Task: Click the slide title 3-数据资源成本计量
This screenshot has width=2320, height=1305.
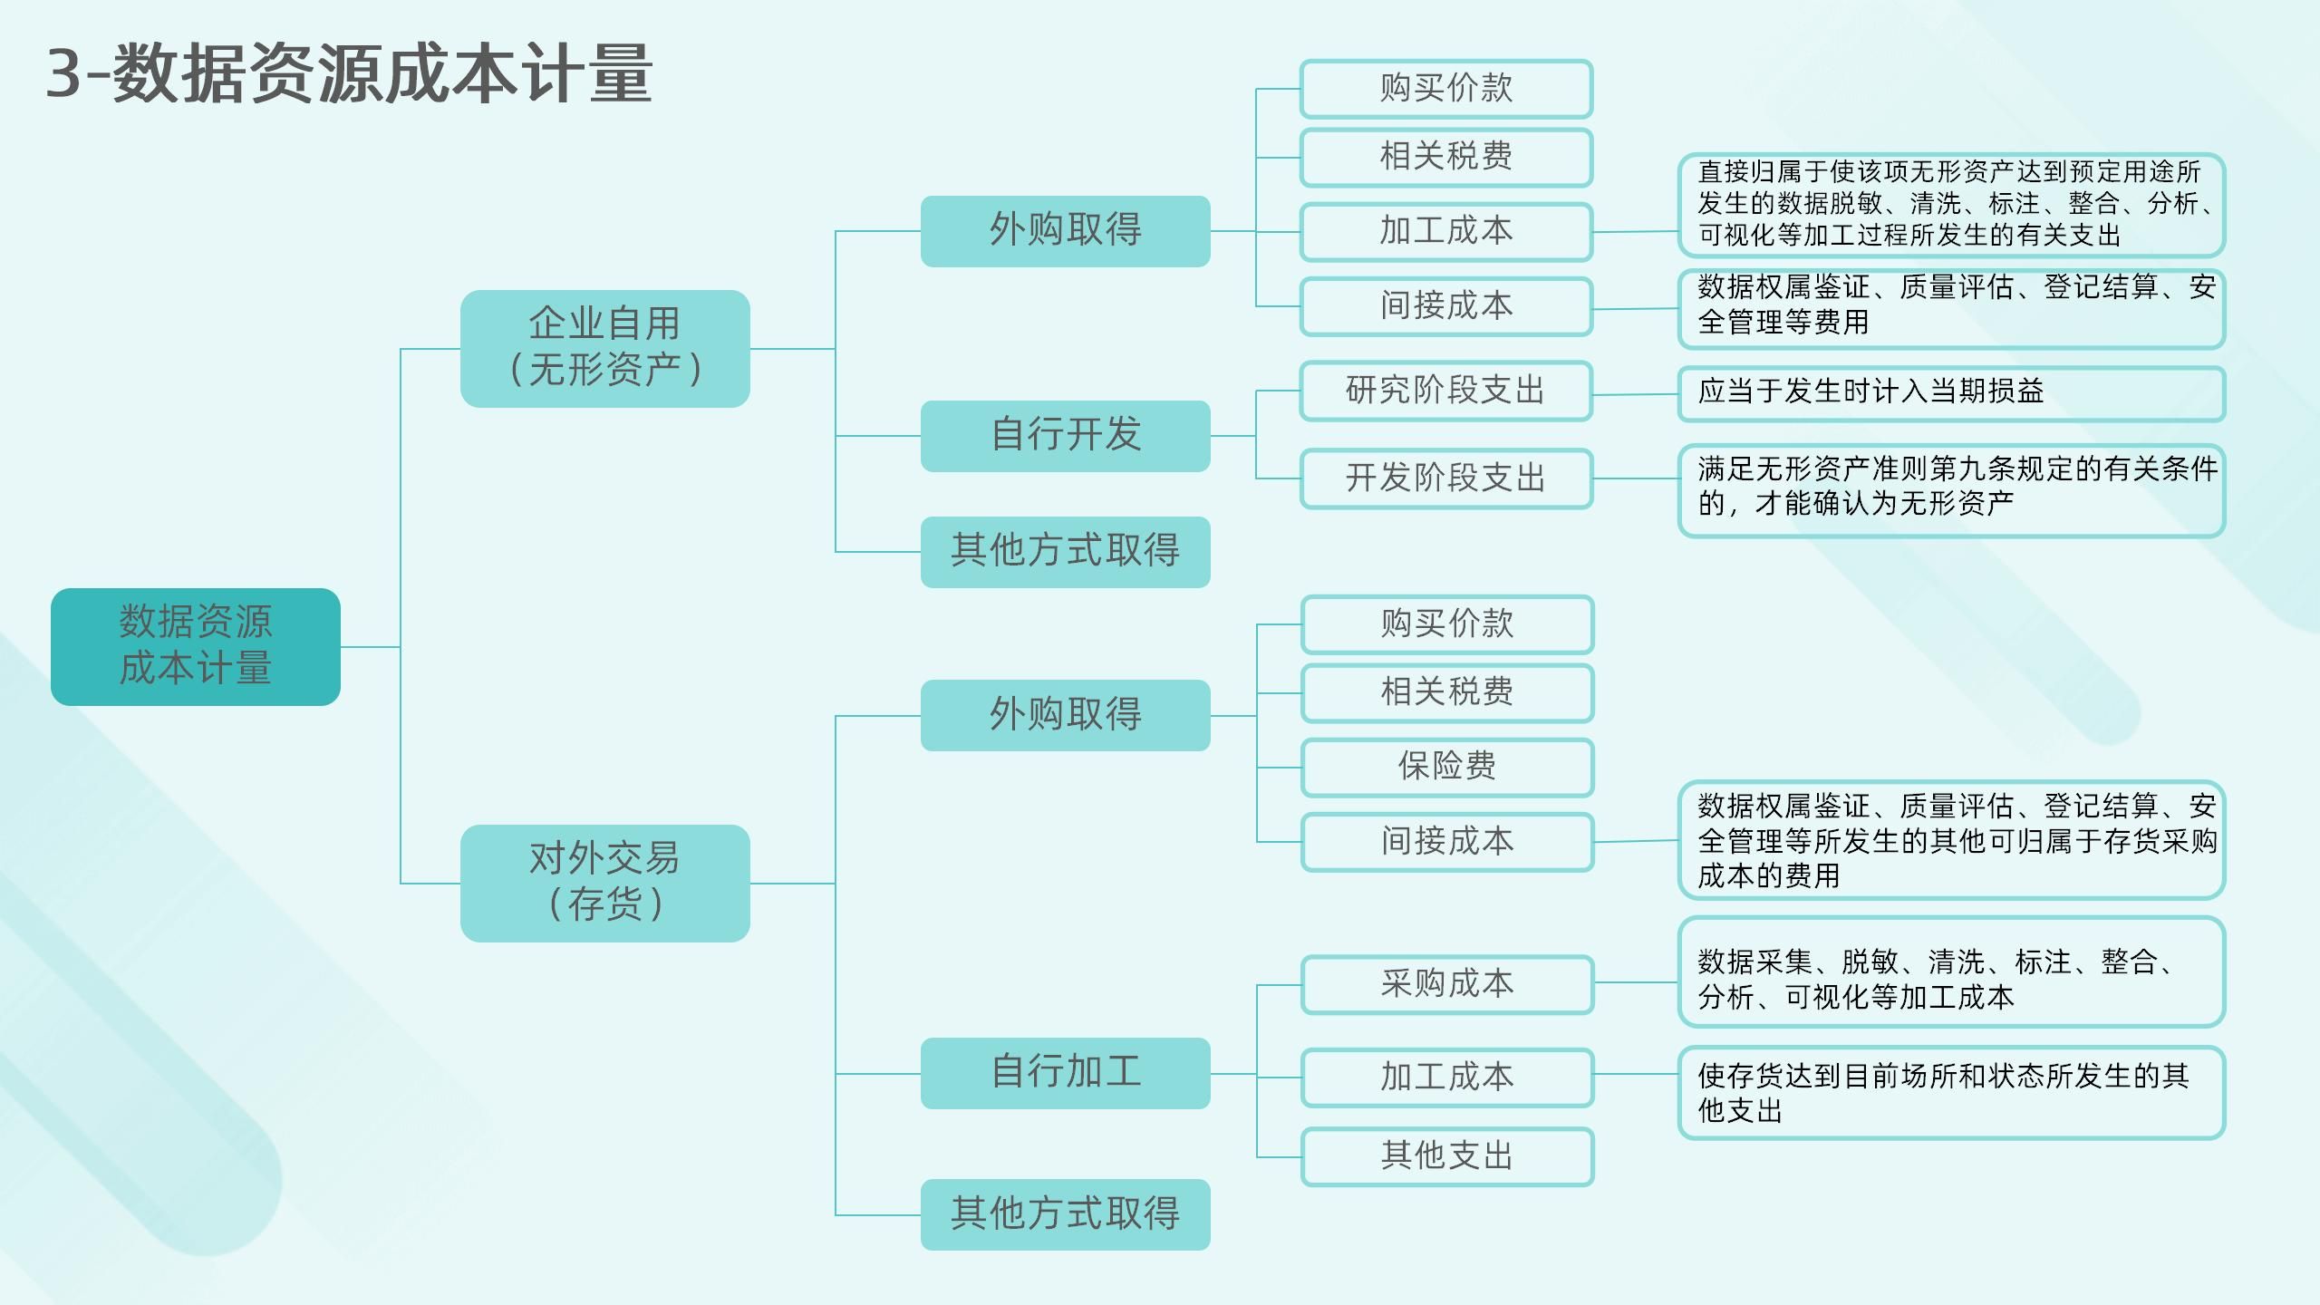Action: click(349, 74)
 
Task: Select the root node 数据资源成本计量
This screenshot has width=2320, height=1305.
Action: click(196, 646)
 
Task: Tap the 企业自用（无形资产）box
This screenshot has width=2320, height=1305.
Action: click(604, 348)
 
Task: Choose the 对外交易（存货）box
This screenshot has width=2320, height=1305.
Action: click(604, 883)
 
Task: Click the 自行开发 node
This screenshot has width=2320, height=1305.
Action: click(1065, 435)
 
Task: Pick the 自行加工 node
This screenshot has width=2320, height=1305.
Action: click(1065, 1072)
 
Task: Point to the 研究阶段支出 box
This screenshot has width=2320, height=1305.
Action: click(1445, 391)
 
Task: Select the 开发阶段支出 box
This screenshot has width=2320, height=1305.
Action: click(1445, 478)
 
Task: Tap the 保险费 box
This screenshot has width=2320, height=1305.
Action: click(1446, 767)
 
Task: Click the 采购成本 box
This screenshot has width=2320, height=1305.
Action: click(1446, 984)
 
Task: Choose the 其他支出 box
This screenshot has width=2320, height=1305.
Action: click(1446, 1156)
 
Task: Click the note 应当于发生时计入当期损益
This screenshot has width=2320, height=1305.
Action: click(1950, 393)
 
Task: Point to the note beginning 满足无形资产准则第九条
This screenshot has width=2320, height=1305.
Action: click(1950, 489)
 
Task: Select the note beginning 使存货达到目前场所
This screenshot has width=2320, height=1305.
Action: click(1950, 1092)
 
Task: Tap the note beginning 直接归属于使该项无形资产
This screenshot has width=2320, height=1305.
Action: click(1950, 204)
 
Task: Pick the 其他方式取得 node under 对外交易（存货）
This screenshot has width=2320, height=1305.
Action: click(1065, 1213)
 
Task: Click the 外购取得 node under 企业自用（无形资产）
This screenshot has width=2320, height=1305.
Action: click(1065, 230)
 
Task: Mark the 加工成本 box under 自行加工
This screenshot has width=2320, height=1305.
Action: click(1446, 1077)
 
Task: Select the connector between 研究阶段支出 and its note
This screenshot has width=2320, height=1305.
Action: click(1635, 394)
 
